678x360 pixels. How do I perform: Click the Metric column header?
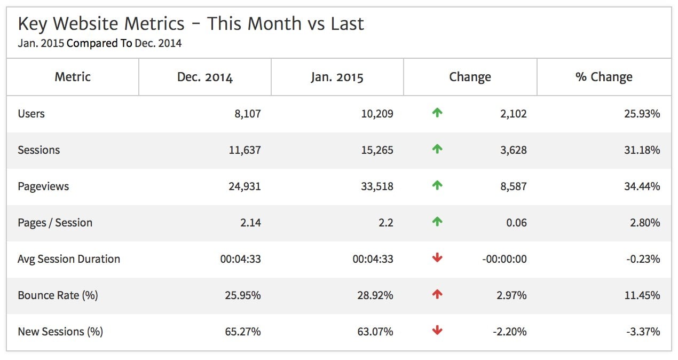coord(73,77)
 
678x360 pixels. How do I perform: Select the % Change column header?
coord(604,77)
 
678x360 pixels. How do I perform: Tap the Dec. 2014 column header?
coord(205,77)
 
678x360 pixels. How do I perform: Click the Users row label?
coord(31,114)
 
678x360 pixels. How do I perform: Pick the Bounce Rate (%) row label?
coord(58,295)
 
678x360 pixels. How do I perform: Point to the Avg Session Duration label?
coord(69,259)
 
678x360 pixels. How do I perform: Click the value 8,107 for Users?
coord(247,114)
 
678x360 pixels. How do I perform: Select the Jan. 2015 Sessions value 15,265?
coord(376,150)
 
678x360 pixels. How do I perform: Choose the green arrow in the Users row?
coord(437,113)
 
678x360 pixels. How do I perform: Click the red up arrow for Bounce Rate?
coord(437,295)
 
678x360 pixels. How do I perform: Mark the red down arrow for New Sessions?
coord(437,331)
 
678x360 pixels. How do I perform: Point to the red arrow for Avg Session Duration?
coord(437,259)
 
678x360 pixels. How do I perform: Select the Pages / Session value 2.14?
coord(250,223)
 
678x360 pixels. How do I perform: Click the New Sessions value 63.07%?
coord(375,332)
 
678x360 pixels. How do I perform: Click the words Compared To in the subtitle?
coord(99,44)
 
